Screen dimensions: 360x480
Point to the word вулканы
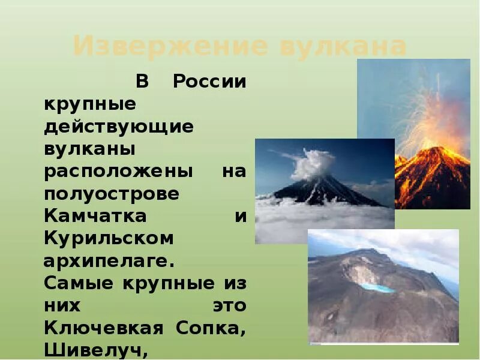89,148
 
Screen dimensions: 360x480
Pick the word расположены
119,171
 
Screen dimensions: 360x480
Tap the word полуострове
112,194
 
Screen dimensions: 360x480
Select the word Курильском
109,238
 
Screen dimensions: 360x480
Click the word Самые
79,283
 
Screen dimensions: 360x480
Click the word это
229,305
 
